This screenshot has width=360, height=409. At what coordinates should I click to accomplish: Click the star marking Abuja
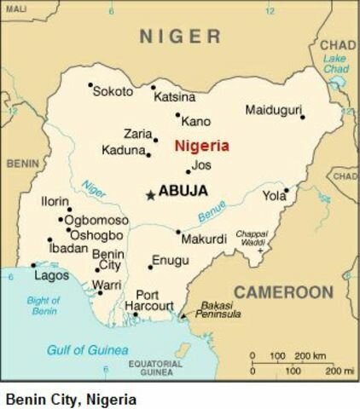(150, 195)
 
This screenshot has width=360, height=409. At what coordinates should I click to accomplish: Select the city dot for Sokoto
(90, 84)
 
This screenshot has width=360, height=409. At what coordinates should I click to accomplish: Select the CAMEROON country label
(284, 292)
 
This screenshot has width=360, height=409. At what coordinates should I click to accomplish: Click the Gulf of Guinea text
(87, 350)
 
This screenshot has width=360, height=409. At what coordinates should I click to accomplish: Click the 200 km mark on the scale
(305, 354)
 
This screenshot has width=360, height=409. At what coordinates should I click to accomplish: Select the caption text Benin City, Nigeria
(70, 397)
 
